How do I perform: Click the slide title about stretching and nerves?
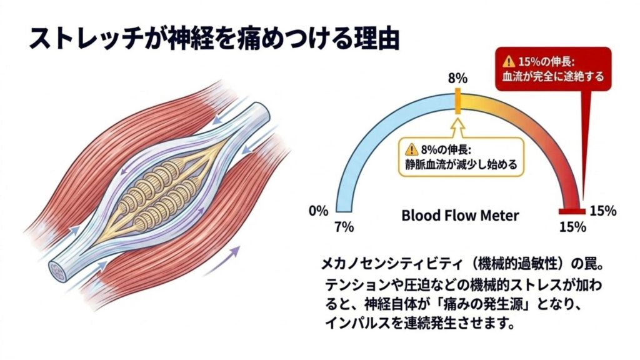(x=214, y=39)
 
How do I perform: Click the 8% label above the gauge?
(x=457, y=78)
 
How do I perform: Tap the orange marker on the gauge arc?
(x=458, y=101)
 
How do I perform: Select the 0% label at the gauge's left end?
(x=318, y=211)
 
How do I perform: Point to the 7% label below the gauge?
(x=344, y=227)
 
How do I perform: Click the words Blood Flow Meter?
(x=460, y=215)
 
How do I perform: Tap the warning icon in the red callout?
(x=509, y=62)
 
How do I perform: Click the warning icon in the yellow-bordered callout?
(x=411, y=149)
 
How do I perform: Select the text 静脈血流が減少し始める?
(x=461, y=164)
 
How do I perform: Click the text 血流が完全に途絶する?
(x=553, y=76)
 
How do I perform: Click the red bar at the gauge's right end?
(x=572, y=211)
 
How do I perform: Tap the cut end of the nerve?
(x=57, y=271)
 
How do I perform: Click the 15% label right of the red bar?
(x=603, y=211)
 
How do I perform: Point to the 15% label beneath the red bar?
(x=572, y=227)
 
